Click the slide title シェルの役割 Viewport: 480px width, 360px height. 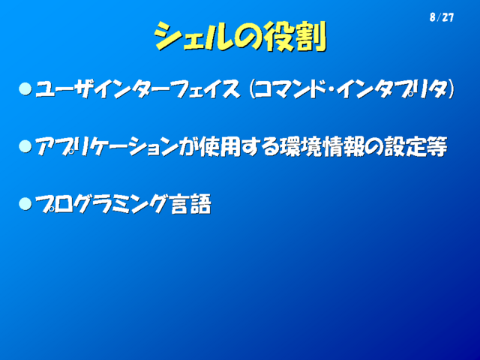click(240, 36)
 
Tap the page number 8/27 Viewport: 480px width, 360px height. click(442, 17)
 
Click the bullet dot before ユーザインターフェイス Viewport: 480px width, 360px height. click(25, 89)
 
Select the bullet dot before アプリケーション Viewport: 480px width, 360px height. click(25, 146)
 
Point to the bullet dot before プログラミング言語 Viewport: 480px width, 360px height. click(25, 204)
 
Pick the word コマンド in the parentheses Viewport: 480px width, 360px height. click(294, 89)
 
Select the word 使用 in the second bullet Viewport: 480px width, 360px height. click(220, 147)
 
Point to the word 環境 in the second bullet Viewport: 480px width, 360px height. click(301, 147)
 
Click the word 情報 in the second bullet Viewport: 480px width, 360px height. click(343, 147)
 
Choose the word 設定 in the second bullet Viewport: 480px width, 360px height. click(405, 147)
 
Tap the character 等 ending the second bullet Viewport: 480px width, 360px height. click(436, 147)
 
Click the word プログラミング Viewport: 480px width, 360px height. click(103, 204)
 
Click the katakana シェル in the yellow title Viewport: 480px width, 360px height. click(193, 37)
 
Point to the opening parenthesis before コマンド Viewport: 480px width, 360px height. click(252, 89)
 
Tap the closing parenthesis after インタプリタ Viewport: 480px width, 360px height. click(451, 89)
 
